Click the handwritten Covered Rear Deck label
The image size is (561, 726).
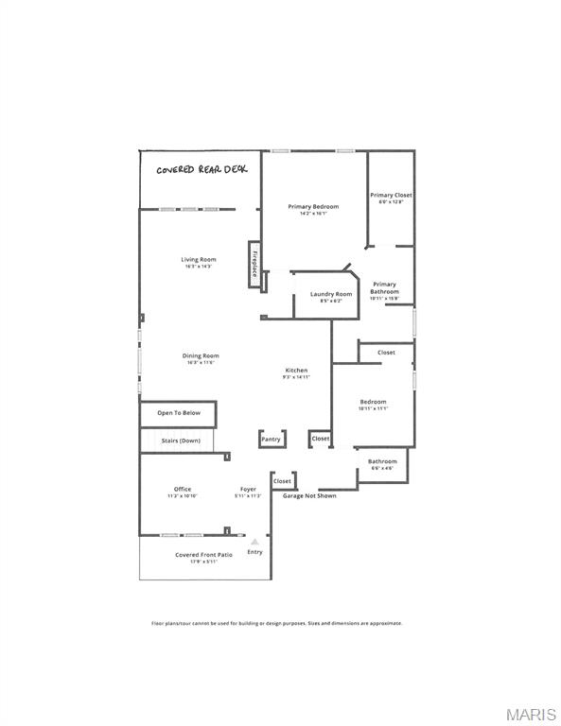[x=202, y=169]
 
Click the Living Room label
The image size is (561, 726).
[x=199, y=262]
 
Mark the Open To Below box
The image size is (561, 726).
[x=179, y=413]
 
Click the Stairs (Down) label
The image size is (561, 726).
[x=178, y=441]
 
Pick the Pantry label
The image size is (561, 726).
[x=272, y=439]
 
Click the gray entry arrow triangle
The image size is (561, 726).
[x=254, y=541]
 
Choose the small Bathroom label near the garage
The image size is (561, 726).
[x=382, y=463]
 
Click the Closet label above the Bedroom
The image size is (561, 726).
[x=386, y=353]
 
